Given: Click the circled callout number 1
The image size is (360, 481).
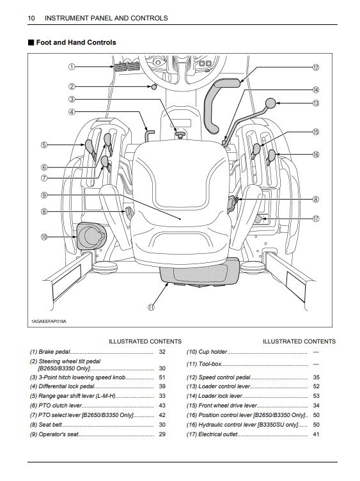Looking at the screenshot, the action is [x=71, y=67].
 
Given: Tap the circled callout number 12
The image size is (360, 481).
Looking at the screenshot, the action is [x=315, y=68].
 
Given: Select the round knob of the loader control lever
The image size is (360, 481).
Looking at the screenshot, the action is [x=270, y=103].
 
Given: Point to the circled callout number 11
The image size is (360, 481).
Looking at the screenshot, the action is [x=151, y=307].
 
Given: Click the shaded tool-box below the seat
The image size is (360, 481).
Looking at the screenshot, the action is [x=200, y=272].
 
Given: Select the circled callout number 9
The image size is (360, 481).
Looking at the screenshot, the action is [x=44, y=195].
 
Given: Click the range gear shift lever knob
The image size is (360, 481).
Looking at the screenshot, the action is [x=90, y=146].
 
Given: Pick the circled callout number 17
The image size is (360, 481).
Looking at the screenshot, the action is [x=315, y=219].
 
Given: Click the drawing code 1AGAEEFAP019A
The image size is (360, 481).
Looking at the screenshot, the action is [x=49, y=321].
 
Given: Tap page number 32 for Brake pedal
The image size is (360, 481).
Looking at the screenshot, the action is [x=162, y=352].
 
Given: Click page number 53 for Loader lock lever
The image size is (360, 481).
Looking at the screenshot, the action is [x=316, y=396].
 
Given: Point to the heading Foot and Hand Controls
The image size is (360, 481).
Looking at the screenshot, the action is [x=76, y=42].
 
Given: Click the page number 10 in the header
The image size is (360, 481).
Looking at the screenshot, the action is [x=31, y=18].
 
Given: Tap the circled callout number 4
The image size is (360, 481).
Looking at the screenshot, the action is [x=71, y=112].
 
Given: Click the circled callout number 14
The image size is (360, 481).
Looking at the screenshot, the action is [x=315, y=90].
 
